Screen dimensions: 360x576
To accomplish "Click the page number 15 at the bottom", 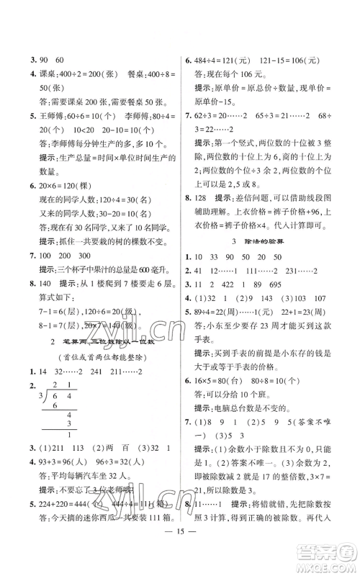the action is click(180, 557).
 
